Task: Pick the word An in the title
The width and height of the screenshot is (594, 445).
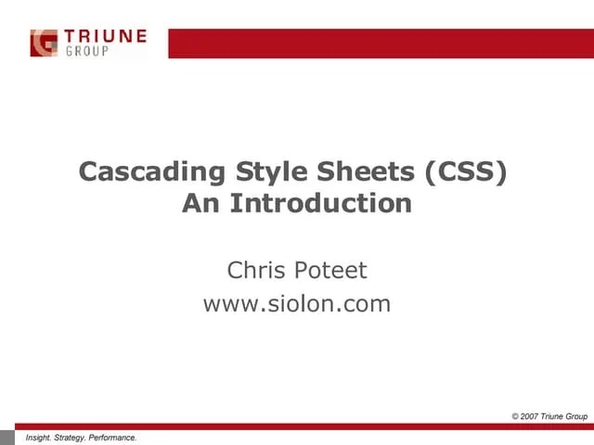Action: (200, 203)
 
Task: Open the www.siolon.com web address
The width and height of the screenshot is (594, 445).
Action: (297, 303)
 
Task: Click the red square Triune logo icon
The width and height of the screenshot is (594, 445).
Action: (44, 43)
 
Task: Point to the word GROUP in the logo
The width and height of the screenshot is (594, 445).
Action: (86, 51)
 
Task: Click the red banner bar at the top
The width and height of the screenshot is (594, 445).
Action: (381, 43)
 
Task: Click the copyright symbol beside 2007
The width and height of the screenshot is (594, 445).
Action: (517, 416)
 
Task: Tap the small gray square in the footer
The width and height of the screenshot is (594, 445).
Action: (8, 437)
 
